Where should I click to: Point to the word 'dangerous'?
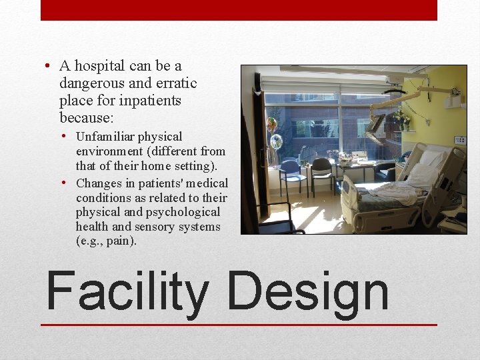coord(91,83)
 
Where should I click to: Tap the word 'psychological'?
coord(182,212)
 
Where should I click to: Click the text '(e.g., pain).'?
coord(107,241)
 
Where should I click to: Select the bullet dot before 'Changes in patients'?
coord(69,183)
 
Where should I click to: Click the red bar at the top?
coord(239,9)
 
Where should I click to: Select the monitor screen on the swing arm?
coord(375,123)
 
